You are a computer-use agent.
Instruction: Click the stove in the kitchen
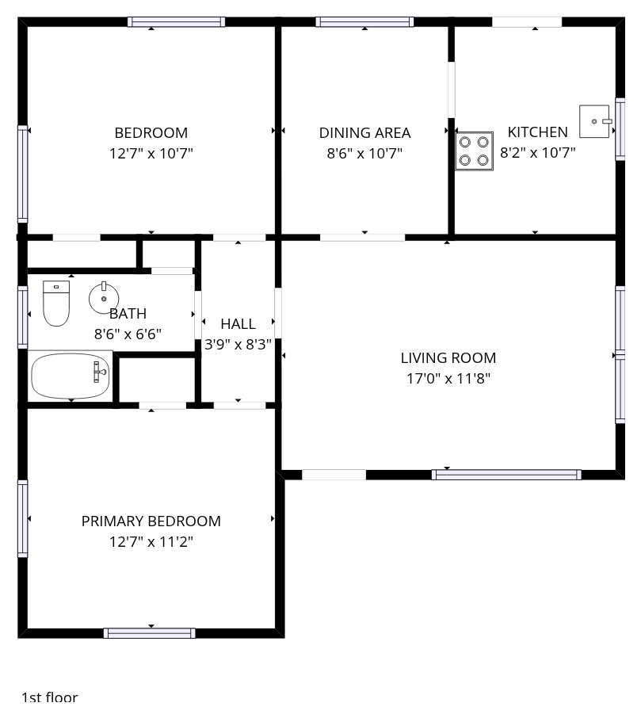tap(475, 151)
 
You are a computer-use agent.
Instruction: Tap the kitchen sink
tap(595, 121)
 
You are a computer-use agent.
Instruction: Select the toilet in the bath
tap(56, 304)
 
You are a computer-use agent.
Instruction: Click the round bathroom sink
tap(104, 298)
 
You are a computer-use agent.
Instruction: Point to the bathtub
tap(71, 376)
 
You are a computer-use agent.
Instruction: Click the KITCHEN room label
tap(537, 132)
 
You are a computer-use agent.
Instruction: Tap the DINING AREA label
tap(365, 133)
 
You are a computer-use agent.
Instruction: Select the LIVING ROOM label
tap(448, 357)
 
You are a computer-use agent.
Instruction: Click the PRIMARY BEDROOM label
tap(151, 521)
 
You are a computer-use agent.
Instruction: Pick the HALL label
tap(238, 324)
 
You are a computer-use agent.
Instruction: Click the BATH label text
tap(128, 314)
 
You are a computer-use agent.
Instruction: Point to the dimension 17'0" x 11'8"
tap(448, 379)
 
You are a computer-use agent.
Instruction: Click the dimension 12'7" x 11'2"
tap(151, 542)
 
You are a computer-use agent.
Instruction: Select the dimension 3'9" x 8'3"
tap(238, 345)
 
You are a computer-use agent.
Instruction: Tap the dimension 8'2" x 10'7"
tap(537, 152)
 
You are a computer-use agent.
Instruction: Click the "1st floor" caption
tap(49, 697)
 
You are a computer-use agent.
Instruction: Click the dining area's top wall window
tap(365, 21)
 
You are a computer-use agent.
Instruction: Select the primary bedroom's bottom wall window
tap(150, 633)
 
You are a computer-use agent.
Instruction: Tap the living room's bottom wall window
tap(506, 475)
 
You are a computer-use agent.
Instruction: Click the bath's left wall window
tap(22, 317)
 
